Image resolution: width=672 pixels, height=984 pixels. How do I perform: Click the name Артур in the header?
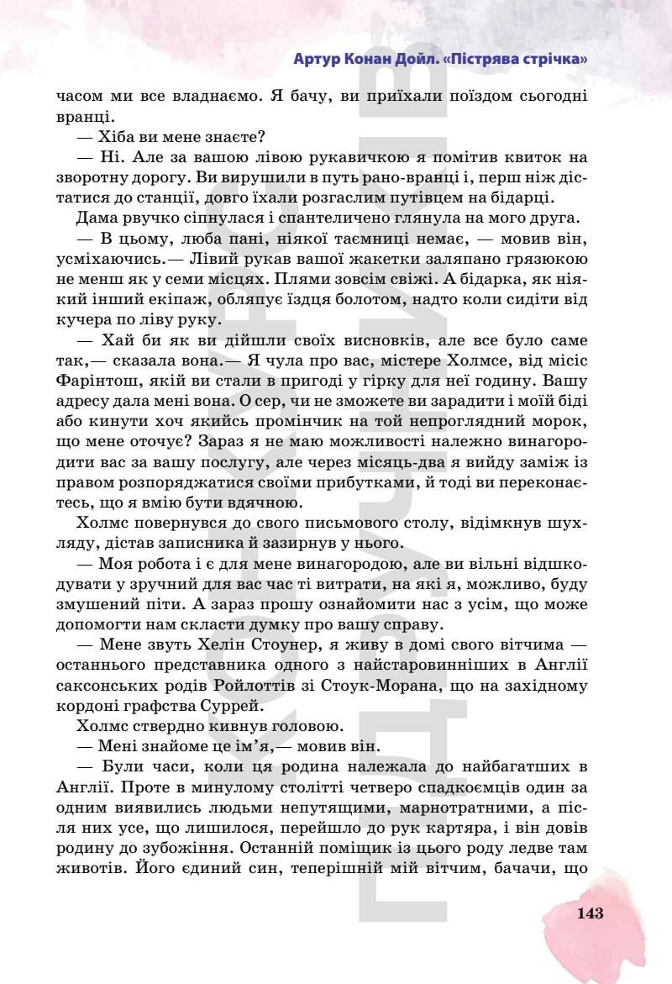(317, 59)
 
